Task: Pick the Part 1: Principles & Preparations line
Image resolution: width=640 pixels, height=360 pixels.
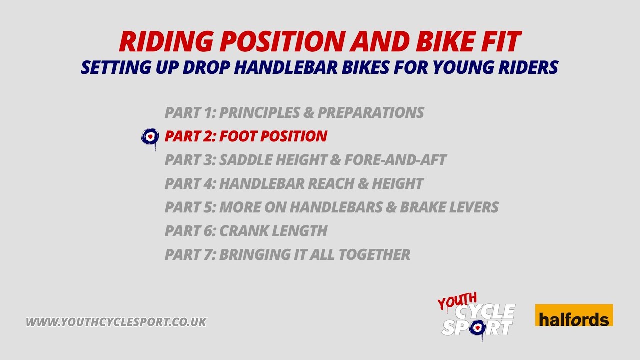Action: [294, 112]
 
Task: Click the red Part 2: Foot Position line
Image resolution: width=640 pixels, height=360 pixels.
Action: [246, 136]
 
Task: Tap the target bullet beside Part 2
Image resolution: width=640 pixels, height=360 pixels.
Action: [150, 136]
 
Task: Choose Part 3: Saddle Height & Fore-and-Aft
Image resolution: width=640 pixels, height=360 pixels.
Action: [305, 160]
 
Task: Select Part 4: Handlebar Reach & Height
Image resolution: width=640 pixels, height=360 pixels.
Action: [294, 183]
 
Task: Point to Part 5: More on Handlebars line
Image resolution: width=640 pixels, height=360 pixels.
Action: [331, 207]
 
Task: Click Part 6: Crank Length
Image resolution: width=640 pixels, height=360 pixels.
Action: [246, 231]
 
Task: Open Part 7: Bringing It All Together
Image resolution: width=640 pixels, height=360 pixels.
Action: [287, 254]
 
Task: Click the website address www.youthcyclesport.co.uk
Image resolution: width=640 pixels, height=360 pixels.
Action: [116, 322]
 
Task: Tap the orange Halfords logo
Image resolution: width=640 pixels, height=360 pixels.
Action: [574, 315]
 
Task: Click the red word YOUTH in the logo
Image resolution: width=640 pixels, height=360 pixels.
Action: [457, 301]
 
